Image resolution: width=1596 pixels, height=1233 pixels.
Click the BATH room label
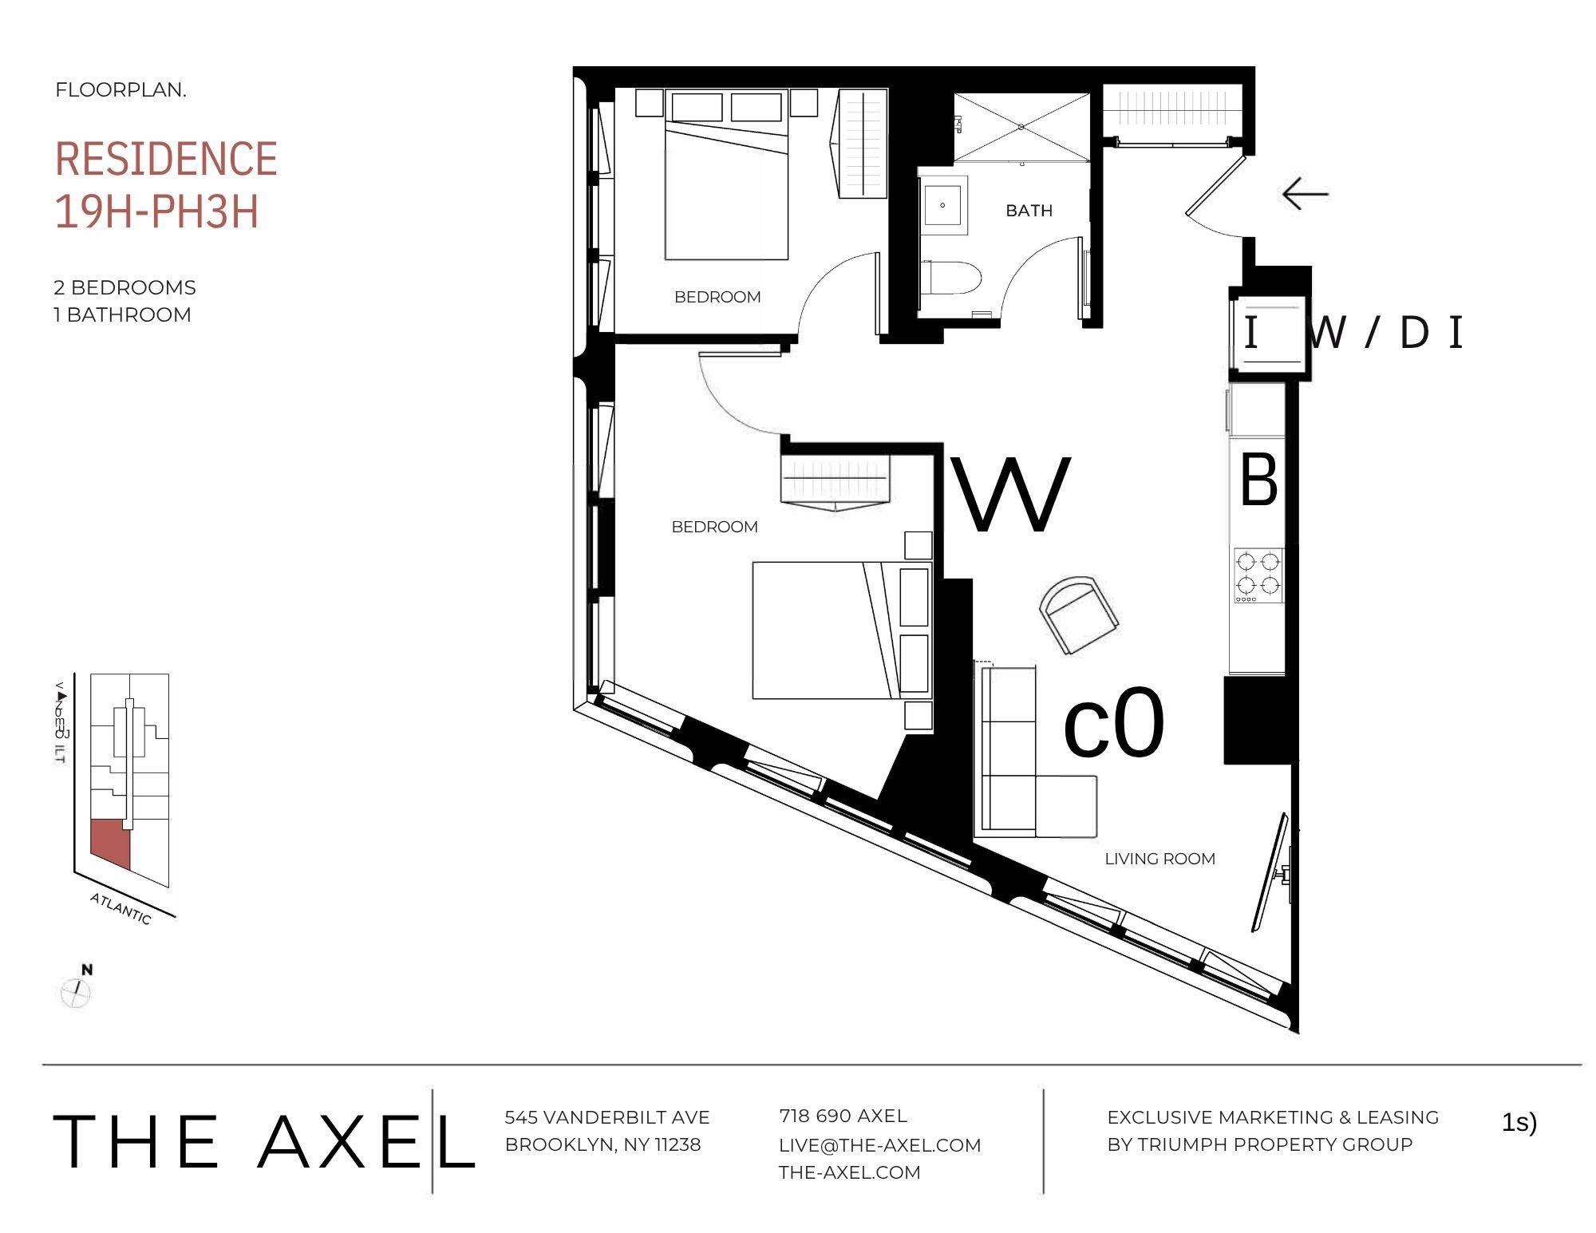(1029, 211)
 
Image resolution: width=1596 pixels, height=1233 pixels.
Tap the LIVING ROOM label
(1159, 859)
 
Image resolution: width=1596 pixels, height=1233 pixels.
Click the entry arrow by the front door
(1305, 194)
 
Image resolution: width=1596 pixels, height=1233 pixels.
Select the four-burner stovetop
(1258, 575)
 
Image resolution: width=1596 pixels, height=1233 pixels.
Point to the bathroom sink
(944, 205)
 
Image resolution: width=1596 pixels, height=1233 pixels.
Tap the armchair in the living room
(1078, 615)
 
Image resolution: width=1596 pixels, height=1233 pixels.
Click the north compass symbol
(77, 992)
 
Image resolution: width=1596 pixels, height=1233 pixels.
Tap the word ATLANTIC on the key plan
(120, 908)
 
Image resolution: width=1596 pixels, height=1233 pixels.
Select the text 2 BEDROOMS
(124, 287)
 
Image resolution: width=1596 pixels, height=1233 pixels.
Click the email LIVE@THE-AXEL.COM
(879, 1145)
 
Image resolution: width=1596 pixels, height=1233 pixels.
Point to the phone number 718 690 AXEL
(843, 1116)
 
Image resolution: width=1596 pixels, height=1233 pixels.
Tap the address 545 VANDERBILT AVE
(606, 1117)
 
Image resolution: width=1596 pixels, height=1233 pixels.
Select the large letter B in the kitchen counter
(1258, 480)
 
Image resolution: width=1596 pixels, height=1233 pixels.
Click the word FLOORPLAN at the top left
(120, 90)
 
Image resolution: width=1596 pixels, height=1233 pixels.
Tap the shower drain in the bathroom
(1021, 127)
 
